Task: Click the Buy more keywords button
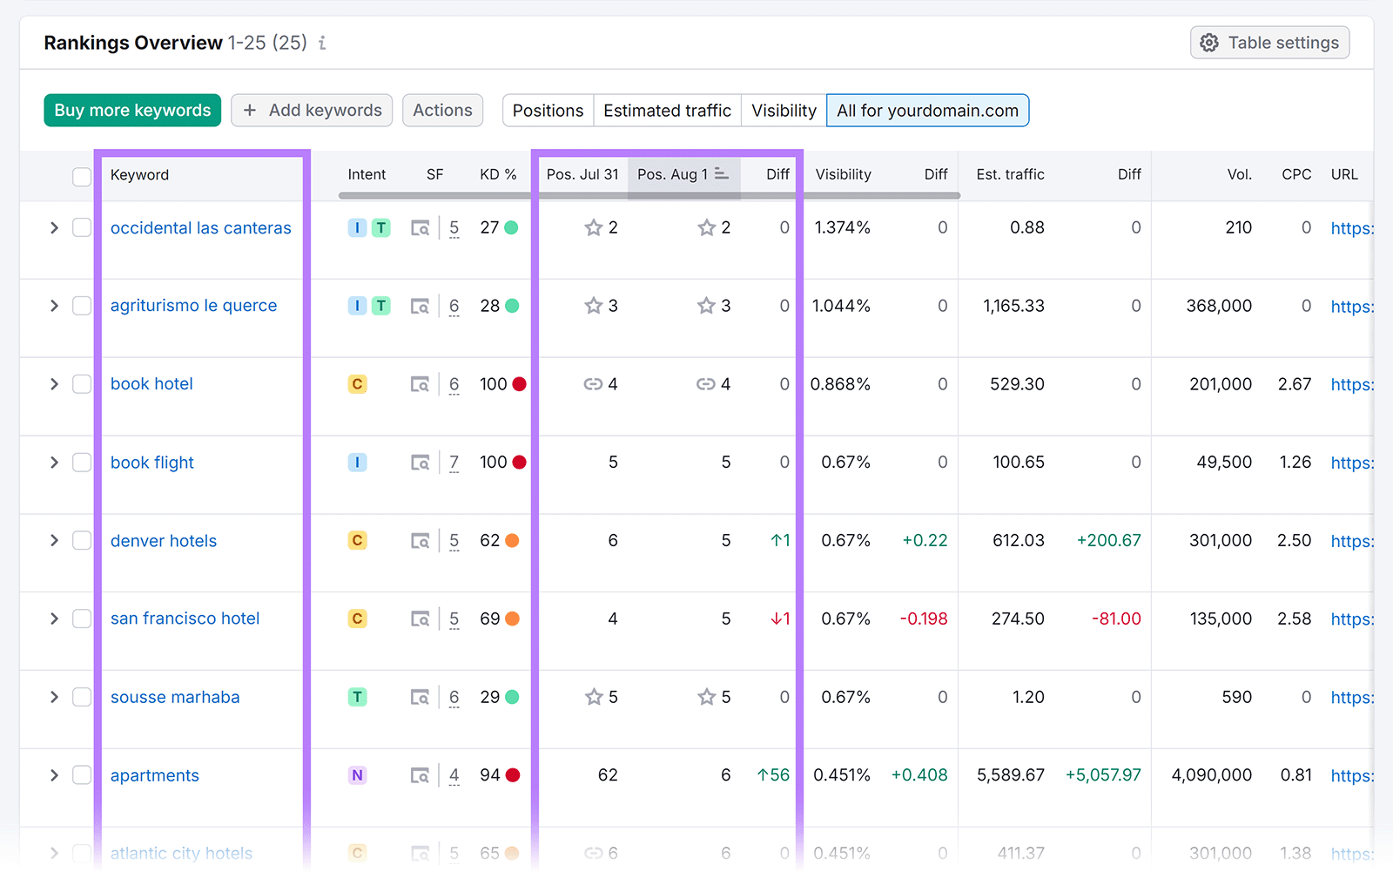(132, 111)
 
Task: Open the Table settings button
(1269, 43)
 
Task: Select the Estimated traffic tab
(667, 111)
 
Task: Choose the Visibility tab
(784, 111)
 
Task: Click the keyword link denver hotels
(164, 541)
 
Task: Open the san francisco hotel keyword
(185, 619)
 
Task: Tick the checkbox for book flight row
(82, 463)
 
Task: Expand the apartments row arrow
(54, 775)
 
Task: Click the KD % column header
(498, 174)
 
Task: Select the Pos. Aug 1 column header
(672, 174)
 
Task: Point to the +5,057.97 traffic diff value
(1103, 775)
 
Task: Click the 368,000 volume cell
(1219, 306)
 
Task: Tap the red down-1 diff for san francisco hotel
(780, 619)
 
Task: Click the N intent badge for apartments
(357, 775)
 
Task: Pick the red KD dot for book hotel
(520, 384)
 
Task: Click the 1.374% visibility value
(842, 227)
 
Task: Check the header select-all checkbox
(82, 177)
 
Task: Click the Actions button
(442, 111)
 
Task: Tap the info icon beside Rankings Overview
(322, 43)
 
